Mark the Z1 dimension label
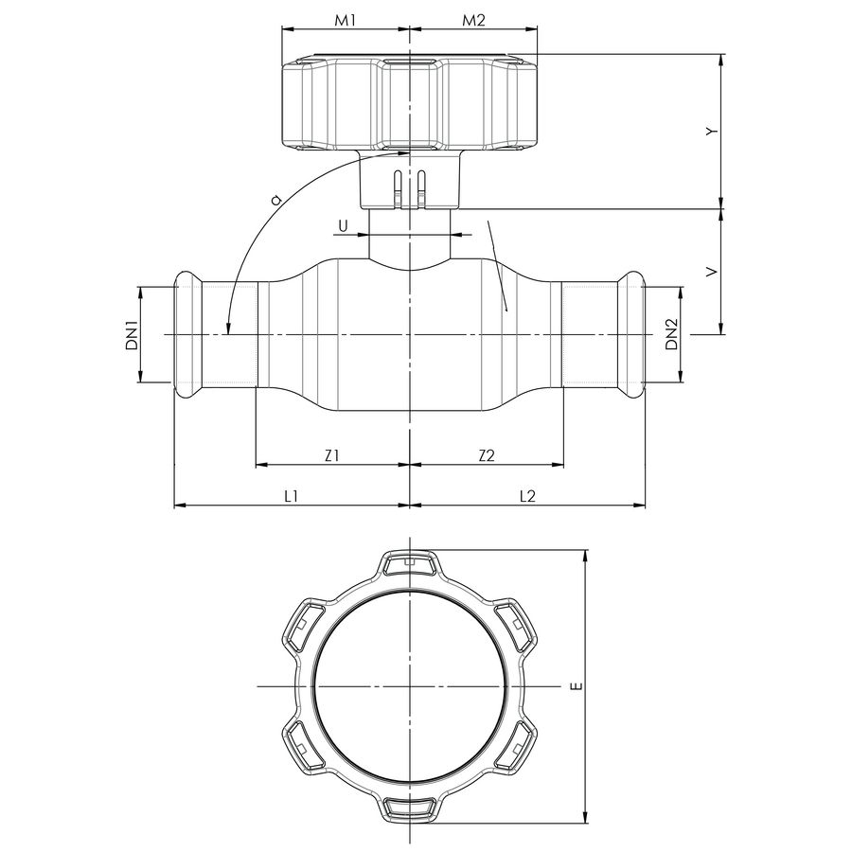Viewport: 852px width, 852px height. pyautogui.click(x=331, y=455)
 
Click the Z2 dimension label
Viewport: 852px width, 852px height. pyautogui.click(x=486, y=455)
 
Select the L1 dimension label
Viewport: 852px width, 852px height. pyautogui.click(x=292, y=495)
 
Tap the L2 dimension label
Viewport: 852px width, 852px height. pyautogui.click(x=527, y=495)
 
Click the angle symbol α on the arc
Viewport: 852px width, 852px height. pyautogui.click(x=275, y=200)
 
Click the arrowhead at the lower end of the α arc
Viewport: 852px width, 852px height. pyautogui.click(x=228, y=328)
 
